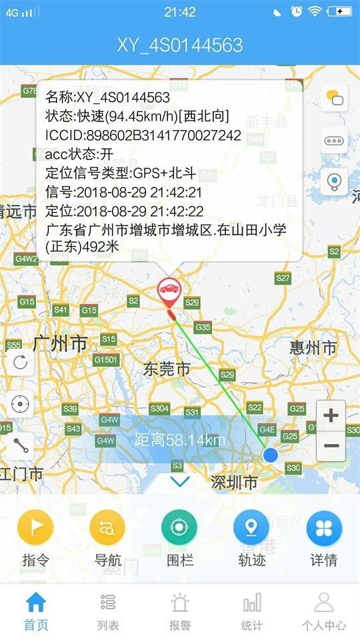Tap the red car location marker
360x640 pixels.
point(169,292)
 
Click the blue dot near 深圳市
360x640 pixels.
point(270,455)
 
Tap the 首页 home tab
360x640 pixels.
point(36,612)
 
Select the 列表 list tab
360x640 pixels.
point(108,612)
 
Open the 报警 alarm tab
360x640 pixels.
point(180,612)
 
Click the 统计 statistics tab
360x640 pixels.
point(252,612)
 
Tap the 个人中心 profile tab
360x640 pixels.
point(324,612)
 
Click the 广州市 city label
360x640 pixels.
point(60,344)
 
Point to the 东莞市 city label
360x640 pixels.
point(167,369)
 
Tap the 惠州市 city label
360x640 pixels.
point(313,347)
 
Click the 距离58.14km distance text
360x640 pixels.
point(180,440)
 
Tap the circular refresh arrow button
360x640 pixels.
point(20,363)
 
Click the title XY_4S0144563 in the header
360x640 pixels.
point(180,45)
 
